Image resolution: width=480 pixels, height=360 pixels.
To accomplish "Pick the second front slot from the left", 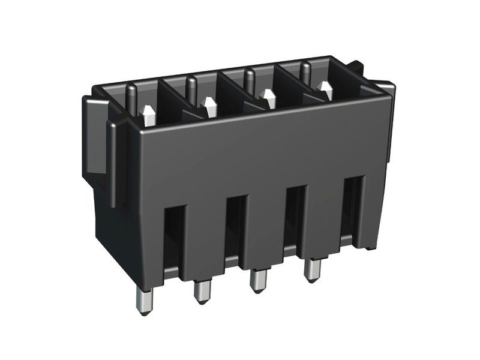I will [x=236, y=226].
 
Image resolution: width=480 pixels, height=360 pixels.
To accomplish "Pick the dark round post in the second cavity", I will [x=191, y=87].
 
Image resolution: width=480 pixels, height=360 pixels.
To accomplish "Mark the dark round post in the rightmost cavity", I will [x=305, y=70].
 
